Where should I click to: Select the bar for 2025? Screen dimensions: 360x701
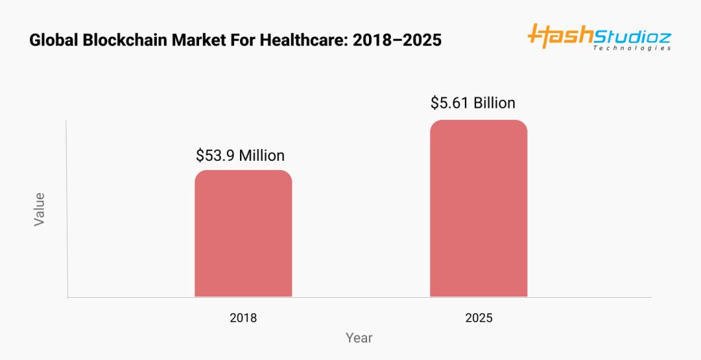(478, 208)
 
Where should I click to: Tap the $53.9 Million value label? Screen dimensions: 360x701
(240, 156)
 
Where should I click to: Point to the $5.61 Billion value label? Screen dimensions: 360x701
(472, 103)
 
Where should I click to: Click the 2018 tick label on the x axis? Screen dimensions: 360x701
(243, 318)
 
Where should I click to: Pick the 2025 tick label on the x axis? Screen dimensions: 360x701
(478, 318)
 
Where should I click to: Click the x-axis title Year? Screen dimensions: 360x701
(359, 338)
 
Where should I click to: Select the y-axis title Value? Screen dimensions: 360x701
(39, 209)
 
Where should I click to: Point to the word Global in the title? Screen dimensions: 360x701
(53, 40)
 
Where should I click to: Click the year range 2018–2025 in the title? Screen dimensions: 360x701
(397, 40)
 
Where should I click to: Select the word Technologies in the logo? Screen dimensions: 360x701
(632, 48)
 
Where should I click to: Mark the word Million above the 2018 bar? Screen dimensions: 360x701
(262, 156)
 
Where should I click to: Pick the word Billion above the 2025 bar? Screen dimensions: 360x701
(494, 103)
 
